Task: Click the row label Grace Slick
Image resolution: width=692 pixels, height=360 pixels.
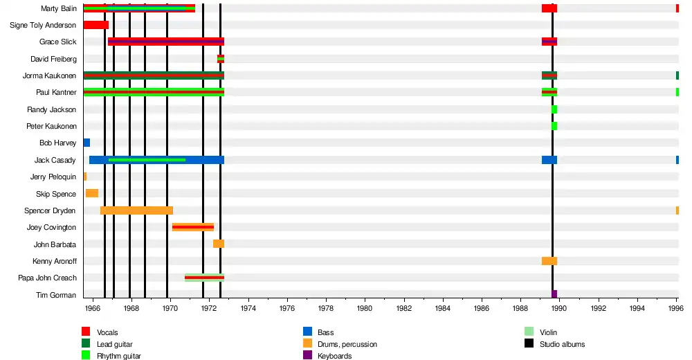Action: tap(58, 42)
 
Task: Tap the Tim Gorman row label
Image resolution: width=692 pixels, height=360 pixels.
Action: tap(56, 295)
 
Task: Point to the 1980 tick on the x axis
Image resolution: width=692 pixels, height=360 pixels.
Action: tap(365, 308)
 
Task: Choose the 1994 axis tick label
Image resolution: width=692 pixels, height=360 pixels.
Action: tap(638, 308)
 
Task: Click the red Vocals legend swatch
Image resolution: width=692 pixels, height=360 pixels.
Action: tap(86, 332)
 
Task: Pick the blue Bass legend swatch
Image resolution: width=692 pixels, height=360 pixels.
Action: tap(307, 332)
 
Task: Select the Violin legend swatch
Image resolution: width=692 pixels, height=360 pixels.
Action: tap(529, 332)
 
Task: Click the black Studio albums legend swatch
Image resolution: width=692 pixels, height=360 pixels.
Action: tap(529, 344)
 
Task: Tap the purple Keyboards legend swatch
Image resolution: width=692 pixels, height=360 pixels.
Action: tap(307, 356)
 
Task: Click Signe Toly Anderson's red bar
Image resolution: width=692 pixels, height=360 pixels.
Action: tap(95, 25)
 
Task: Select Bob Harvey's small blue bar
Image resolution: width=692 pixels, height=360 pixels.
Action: tap(86, 143)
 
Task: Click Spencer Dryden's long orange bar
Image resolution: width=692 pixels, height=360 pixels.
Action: tap(136, 210)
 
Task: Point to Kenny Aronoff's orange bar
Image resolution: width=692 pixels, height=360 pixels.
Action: tap(549, 261)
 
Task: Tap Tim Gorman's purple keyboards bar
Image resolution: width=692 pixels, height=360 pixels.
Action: tap(554, 294)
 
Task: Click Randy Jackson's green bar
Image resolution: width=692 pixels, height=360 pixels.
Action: tap(554, 109)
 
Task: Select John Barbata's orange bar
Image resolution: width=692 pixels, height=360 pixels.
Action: tap(219, 244)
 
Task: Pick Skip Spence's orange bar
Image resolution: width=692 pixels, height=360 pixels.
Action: tap(92, 193)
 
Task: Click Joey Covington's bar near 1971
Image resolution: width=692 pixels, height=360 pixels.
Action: tap(193, 227)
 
